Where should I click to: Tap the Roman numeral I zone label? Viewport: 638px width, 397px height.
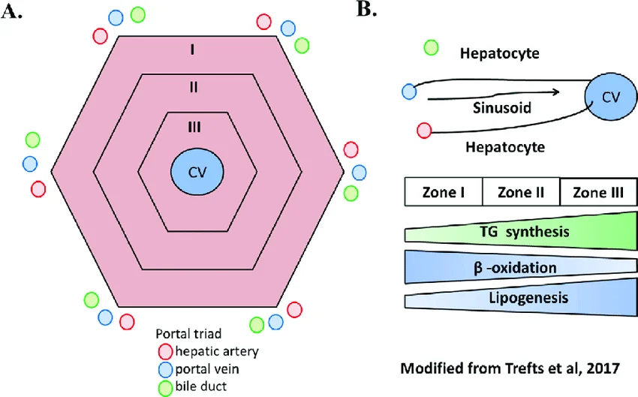point(194,50)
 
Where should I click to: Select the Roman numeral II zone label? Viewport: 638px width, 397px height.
point(194,87)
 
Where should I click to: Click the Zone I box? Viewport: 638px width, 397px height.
point(443,192)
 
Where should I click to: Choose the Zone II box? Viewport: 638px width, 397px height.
point(521,192)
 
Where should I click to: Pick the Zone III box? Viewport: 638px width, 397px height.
point(598,192)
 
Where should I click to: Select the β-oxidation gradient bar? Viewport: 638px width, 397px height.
point(521,266)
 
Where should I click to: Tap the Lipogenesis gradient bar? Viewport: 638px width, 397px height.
point(521,299)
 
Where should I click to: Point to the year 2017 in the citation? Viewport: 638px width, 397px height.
point(601,368)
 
